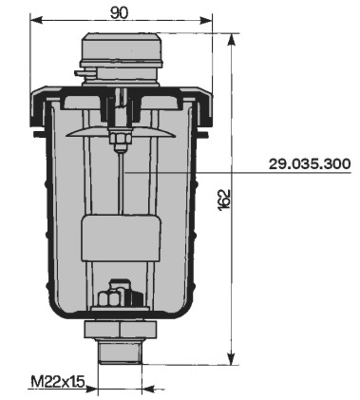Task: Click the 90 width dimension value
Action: [x=120, y=13]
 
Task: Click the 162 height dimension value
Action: [x=224, y=200]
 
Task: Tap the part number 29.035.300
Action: [x=310, y=163]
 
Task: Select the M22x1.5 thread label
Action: [x=58, y=382]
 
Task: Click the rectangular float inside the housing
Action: [x=121, y=238]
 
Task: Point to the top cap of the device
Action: [x=122, y=50]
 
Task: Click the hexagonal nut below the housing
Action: [x=121, y=330]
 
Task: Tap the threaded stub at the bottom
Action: [x=121, y=352]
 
